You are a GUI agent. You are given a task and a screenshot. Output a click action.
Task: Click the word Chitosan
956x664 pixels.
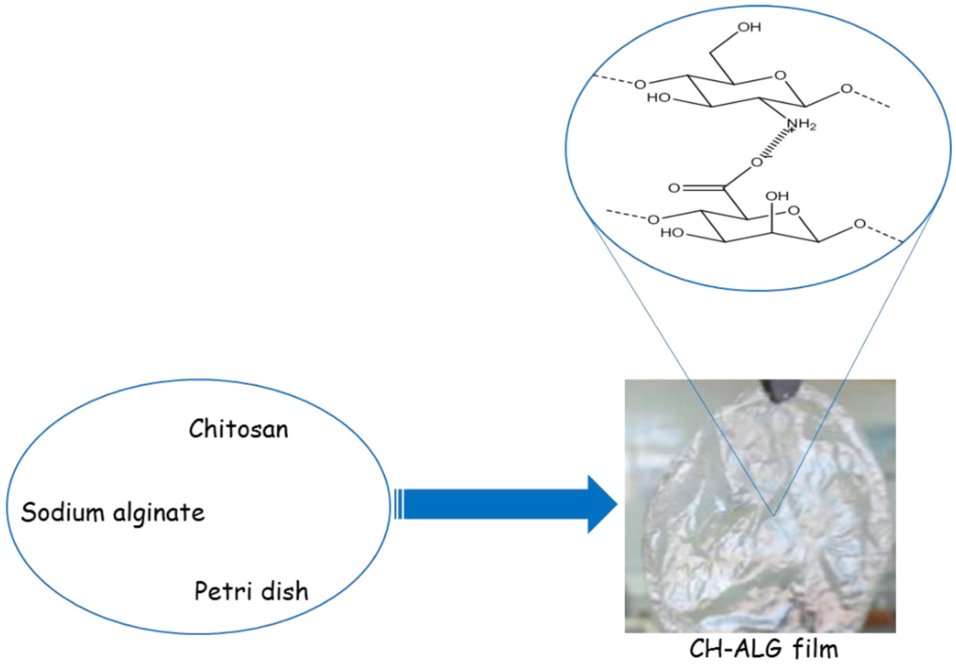pos(238,429)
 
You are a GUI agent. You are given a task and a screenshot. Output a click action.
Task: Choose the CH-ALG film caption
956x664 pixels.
pos(763,649)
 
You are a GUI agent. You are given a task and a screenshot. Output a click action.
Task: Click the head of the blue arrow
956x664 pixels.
pos(602,504)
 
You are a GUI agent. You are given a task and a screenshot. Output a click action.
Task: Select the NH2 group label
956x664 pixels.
pos(801,125)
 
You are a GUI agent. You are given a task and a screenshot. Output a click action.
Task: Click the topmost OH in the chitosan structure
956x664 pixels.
pos(749,27)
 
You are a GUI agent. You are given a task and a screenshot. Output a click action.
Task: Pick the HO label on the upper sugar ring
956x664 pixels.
pos(658,98)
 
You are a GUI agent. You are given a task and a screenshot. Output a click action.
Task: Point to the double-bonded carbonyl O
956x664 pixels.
pos(674,188)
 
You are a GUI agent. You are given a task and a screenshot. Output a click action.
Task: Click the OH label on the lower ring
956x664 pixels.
pos(777,196)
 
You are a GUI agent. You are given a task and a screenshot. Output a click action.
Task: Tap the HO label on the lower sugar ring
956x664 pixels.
pos(672,233)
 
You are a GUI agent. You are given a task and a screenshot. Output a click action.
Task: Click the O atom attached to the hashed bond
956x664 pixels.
pos(756,163)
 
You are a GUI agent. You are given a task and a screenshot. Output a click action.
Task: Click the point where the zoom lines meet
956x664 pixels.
pos(773,515)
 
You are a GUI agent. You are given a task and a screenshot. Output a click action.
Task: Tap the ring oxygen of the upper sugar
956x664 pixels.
pos(780,75)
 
